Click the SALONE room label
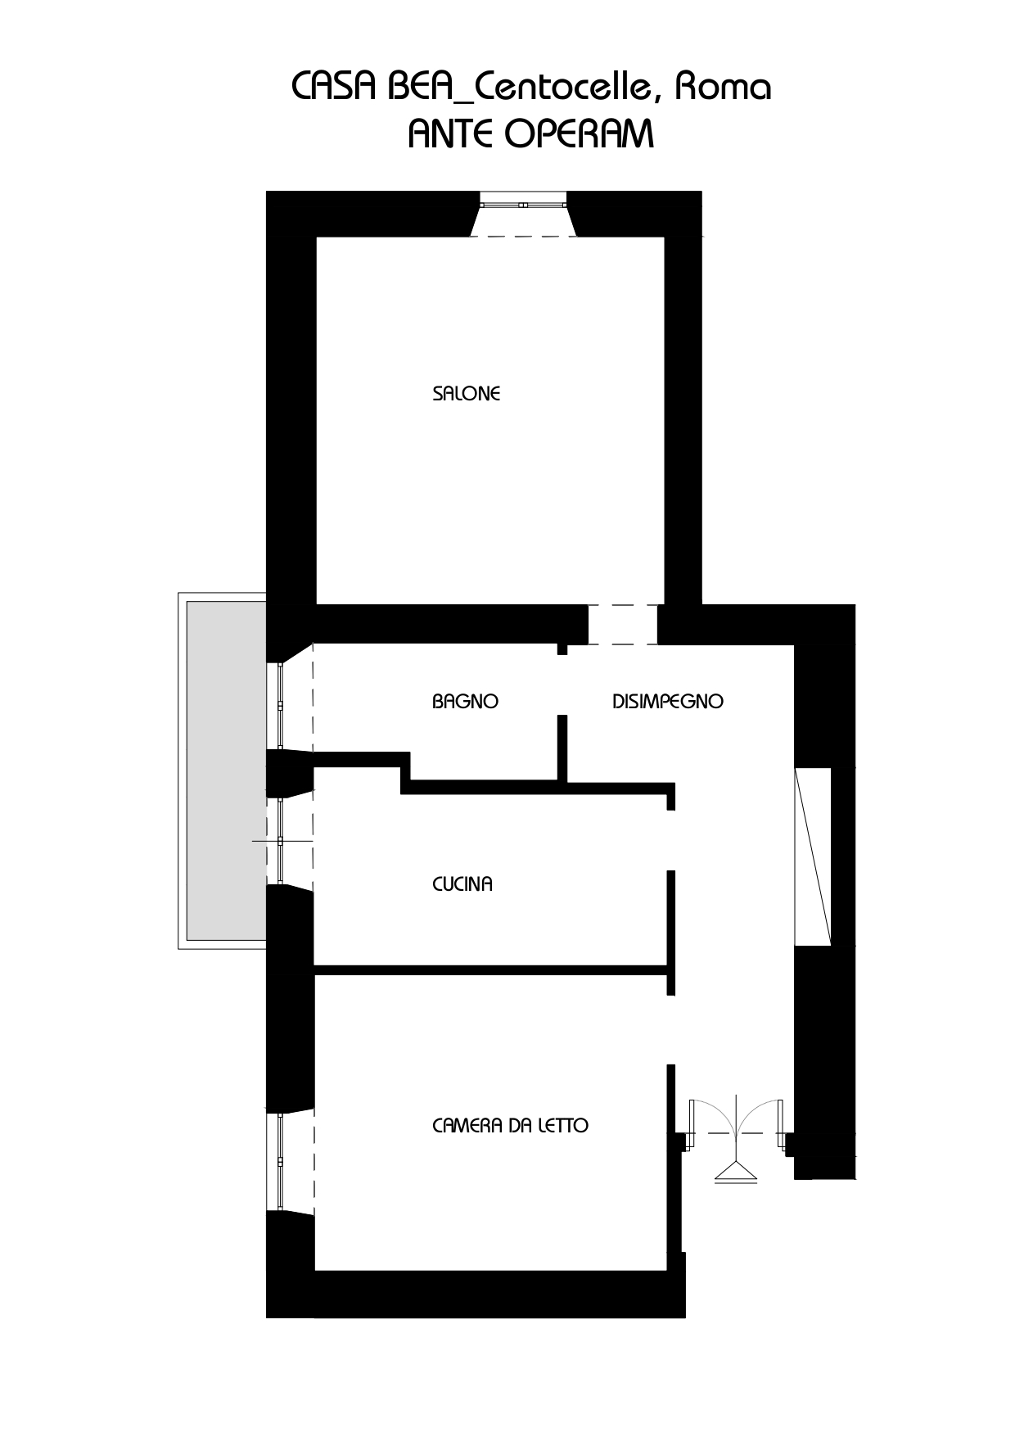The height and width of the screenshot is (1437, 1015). tap(466, 394)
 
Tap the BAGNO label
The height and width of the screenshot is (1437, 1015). tap(465, 702)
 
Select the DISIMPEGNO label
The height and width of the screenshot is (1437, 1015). tap(668, 702)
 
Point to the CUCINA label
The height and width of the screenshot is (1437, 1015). tap(462, 884)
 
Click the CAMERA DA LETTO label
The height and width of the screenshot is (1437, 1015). tap(510, 1126)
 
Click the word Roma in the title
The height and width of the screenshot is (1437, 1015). tap(723, 87)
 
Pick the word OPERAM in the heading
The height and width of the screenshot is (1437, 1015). tap(580, 133)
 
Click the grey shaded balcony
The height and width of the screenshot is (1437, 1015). tap(227, 770)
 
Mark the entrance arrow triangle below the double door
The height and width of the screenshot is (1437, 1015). tap(736, 1174)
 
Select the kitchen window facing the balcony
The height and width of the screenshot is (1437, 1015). tap(280, 840)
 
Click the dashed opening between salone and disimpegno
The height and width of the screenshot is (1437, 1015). tap(623, 625)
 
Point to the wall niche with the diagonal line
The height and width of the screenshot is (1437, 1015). tap(813, 856)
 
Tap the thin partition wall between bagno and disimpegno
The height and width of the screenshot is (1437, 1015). tap(562, 748)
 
